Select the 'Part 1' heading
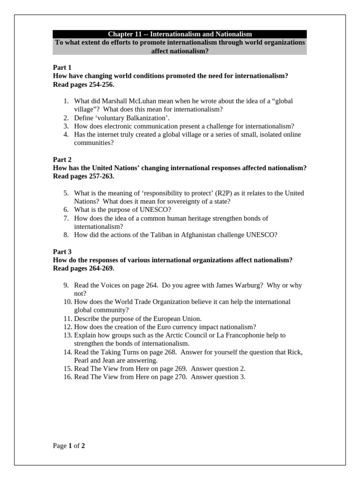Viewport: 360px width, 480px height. coord(62,67)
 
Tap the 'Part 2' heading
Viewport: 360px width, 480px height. coord(62,160)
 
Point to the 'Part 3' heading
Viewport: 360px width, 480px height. coord(62,252)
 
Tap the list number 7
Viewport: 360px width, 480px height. coord(66,218)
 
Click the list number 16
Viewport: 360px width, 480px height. coord(67,377)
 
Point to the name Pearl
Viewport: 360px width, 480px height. coord(82,360)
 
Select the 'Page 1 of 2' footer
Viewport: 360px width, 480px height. coord(69,446)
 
